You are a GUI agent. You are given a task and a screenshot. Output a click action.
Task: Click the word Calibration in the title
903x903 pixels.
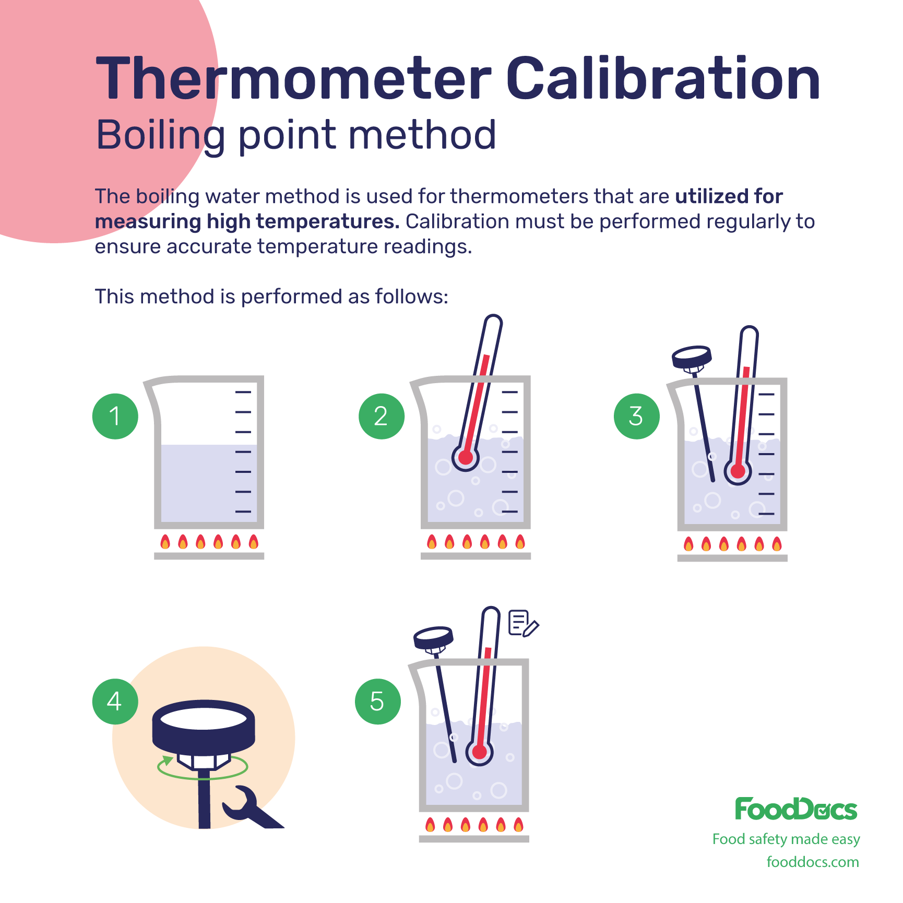point(663,78)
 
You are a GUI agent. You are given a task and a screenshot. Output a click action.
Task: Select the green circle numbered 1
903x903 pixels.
point(115,416)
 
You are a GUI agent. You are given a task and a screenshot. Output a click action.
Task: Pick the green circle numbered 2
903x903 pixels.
point(382,416)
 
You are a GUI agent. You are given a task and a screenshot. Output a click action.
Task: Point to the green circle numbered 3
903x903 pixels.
point(637,416)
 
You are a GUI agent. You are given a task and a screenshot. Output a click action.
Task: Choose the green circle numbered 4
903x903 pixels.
point(115,701)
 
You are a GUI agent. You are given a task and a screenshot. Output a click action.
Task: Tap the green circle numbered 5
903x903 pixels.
point(378,701)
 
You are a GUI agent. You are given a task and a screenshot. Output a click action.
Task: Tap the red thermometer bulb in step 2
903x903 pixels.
point(466,458)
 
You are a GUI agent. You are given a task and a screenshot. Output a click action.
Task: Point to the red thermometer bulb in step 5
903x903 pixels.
point(480,752)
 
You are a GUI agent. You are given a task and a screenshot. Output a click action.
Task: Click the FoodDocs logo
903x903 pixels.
point(797,809)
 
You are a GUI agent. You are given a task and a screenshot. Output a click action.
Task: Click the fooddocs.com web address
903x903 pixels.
point(813,862)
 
